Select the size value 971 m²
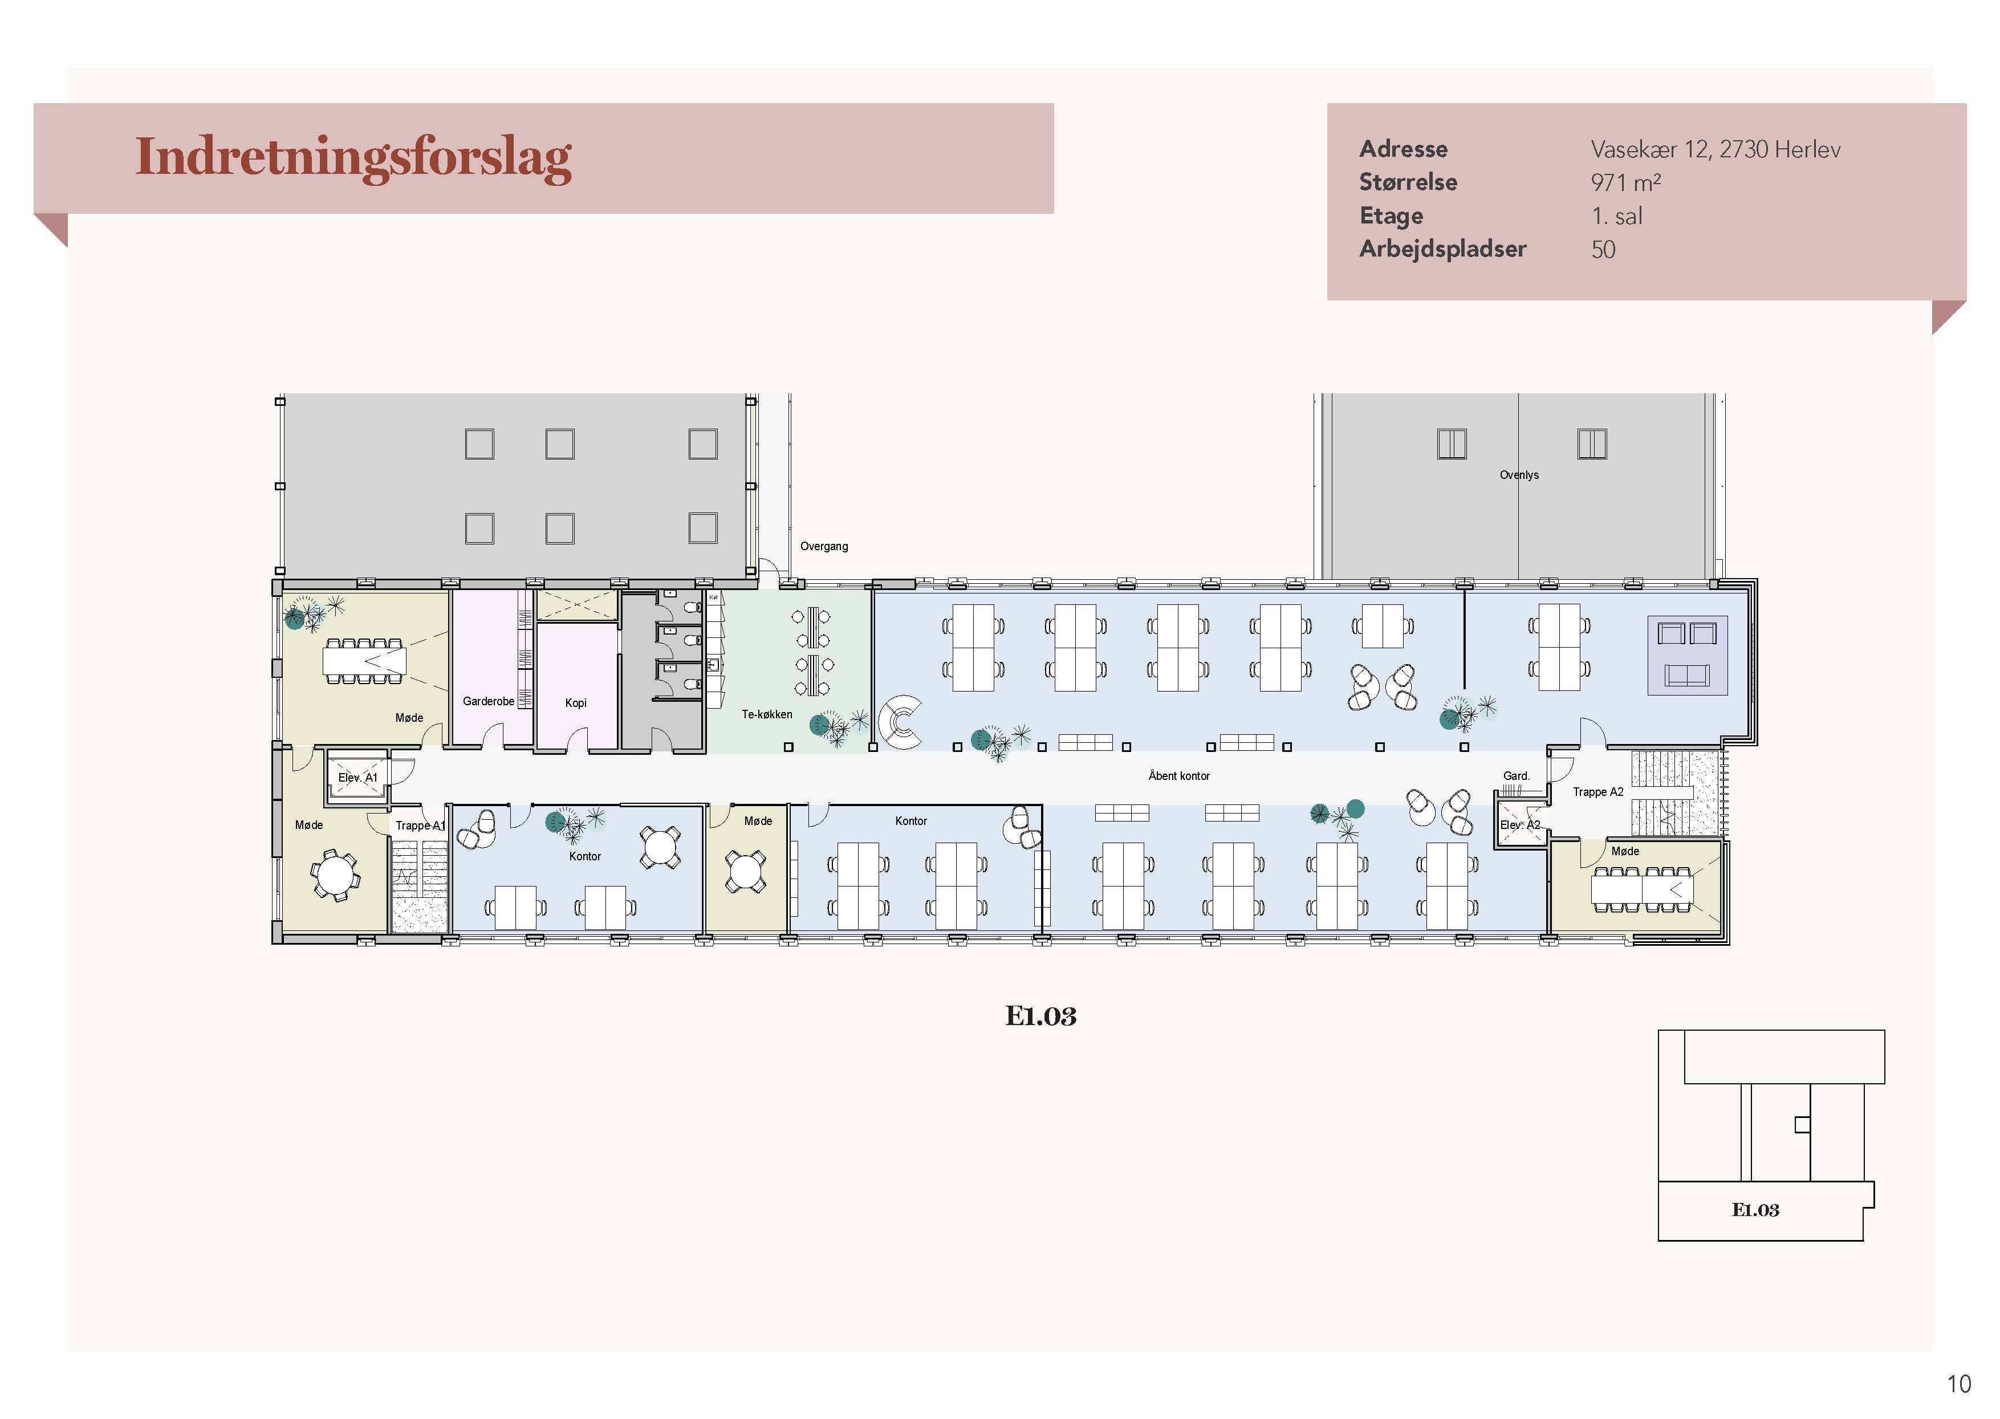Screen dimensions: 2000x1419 [1625, 182]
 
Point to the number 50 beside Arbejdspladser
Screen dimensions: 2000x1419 [1603, 250]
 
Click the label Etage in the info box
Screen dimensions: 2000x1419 [1391, 217]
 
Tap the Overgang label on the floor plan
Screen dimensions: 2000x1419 [824, 546]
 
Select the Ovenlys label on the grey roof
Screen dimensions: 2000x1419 [1519, 475]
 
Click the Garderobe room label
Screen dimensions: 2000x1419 [489, 701]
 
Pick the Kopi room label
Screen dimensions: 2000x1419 [576, 702]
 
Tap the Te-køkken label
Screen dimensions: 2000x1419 [767, 714]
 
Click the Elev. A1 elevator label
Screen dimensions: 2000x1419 [358, 778]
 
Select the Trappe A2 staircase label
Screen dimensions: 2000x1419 [1598, 792]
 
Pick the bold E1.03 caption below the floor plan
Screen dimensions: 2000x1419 [1040, 1016]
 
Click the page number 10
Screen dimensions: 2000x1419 [1959, 1384]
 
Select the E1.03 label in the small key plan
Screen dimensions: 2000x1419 [1755, 1210]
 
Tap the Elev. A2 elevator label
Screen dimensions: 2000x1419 [1521, 825]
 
